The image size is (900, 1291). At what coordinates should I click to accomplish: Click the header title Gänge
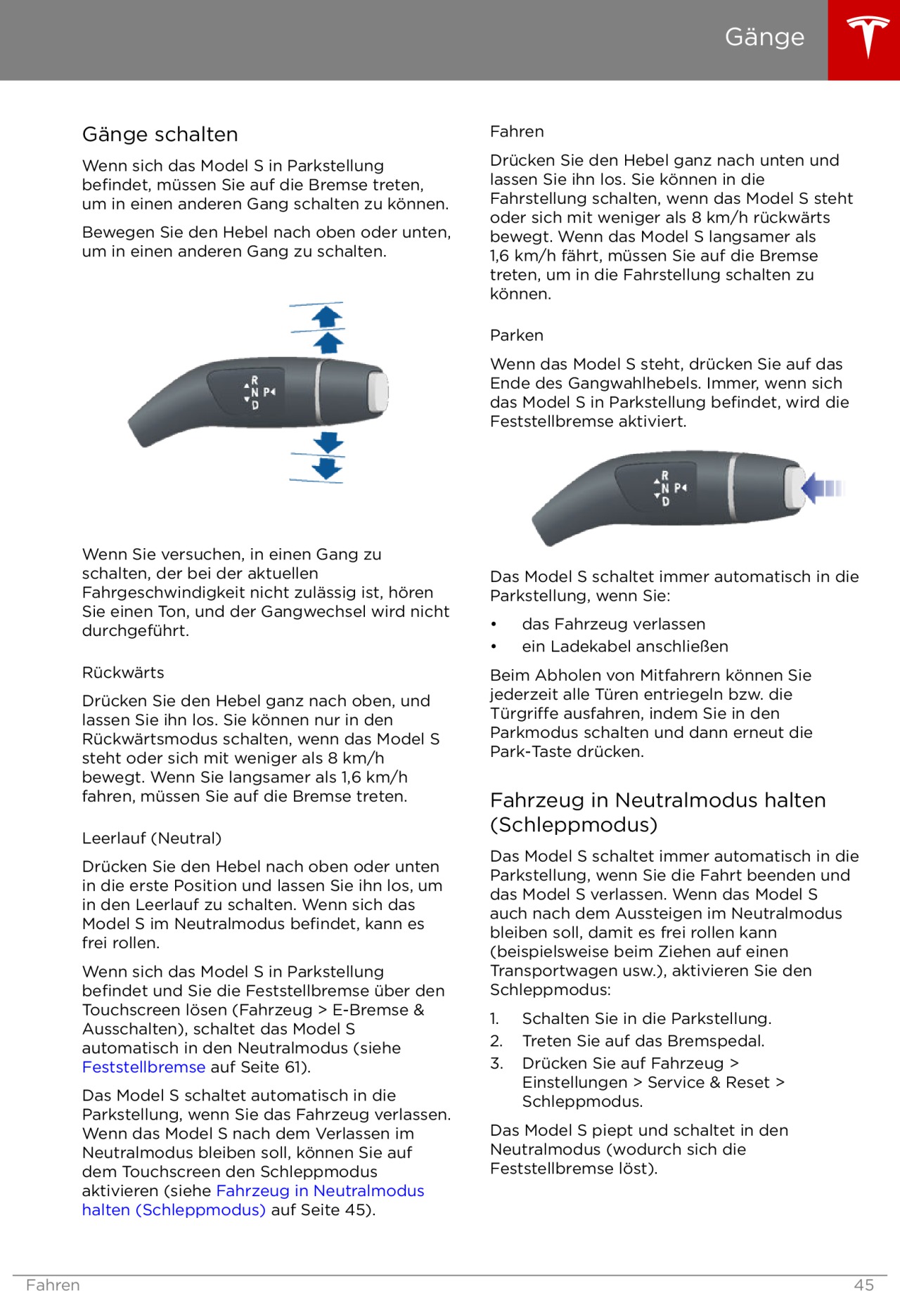pos(764,37)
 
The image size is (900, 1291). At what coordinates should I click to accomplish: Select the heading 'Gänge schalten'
pos(160,134)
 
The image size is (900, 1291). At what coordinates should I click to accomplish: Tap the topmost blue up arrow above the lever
pos(327,316)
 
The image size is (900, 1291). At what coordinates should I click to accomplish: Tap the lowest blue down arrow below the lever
pos(328,469)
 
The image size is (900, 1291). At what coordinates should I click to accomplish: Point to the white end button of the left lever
pos(378,390)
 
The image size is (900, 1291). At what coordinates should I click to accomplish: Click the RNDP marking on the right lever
pos(669,488)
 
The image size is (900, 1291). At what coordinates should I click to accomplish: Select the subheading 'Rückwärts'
pos(123,673)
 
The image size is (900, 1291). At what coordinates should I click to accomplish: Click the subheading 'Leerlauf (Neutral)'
pos(152,838)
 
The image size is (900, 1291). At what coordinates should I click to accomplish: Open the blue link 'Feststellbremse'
pos(143,1067)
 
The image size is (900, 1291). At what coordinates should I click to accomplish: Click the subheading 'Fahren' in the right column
pos(517,131)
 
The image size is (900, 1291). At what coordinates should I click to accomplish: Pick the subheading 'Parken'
pos(517,335)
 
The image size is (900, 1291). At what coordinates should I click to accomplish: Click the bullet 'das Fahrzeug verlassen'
pos(613,624)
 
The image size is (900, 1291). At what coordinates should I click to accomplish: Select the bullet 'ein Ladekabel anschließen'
pos(624,647)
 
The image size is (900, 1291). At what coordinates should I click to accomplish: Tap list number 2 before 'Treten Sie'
pos(496,1041)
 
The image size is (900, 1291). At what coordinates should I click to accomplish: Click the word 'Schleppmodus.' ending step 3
pos(582,1101)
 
